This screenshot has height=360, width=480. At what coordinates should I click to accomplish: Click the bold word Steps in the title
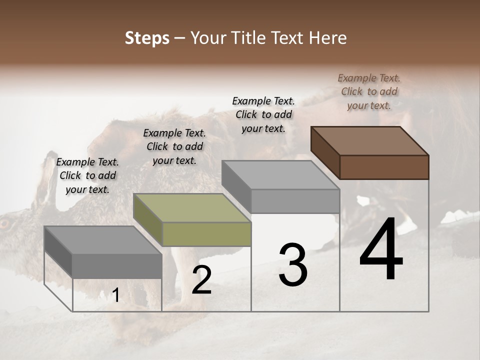click(x=147, y=38)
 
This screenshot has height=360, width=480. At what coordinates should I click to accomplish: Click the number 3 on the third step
click(x=293, y=265)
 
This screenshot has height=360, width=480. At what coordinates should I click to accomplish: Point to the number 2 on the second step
click(x=201, y=280)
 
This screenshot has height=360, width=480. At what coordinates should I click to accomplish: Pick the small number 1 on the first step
click(x=115, y=295)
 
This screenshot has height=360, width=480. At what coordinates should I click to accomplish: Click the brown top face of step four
click(x=369, y=140)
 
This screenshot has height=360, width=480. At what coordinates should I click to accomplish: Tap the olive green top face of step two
click(x=192, y=207)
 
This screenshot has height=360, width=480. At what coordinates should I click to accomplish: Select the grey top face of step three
click(x=280, y=174)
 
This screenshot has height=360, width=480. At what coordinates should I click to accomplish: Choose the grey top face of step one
click(x=102, y=240)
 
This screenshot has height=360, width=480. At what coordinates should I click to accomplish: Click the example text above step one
click(x=87, y=175)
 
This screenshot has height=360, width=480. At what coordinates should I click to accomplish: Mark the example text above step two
click(x=174, y=146)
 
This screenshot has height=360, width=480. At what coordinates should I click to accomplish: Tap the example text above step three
click(x=263, y=114)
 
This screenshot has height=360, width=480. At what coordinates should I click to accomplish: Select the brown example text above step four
click(x=369, y=91)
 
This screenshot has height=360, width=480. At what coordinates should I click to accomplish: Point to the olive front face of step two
click(x=206, y=234)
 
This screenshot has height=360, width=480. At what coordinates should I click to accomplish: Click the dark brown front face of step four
click(x=384, y=167)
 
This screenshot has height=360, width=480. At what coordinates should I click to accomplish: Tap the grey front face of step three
click(x=295, y=201)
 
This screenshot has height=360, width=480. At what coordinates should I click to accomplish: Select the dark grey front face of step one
click(x=117, y=265)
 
